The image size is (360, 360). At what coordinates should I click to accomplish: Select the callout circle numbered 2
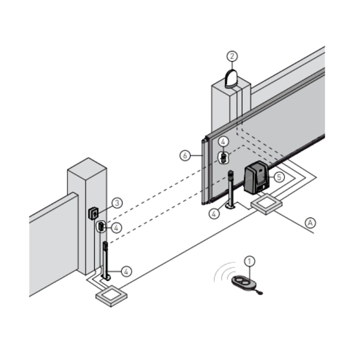(232, 56)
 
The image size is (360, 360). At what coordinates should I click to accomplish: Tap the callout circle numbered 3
(117, 203)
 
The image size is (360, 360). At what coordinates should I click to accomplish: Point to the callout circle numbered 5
(278, 176)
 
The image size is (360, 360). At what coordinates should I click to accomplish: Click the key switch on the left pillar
(94, 212)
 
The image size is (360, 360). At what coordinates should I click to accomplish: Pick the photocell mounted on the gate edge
(224, 157)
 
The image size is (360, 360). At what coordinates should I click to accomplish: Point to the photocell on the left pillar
(101, 225)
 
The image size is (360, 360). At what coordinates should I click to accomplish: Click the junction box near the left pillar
(112, 297)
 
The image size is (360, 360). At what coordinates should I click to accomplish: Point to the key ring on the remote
(259, 293)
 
